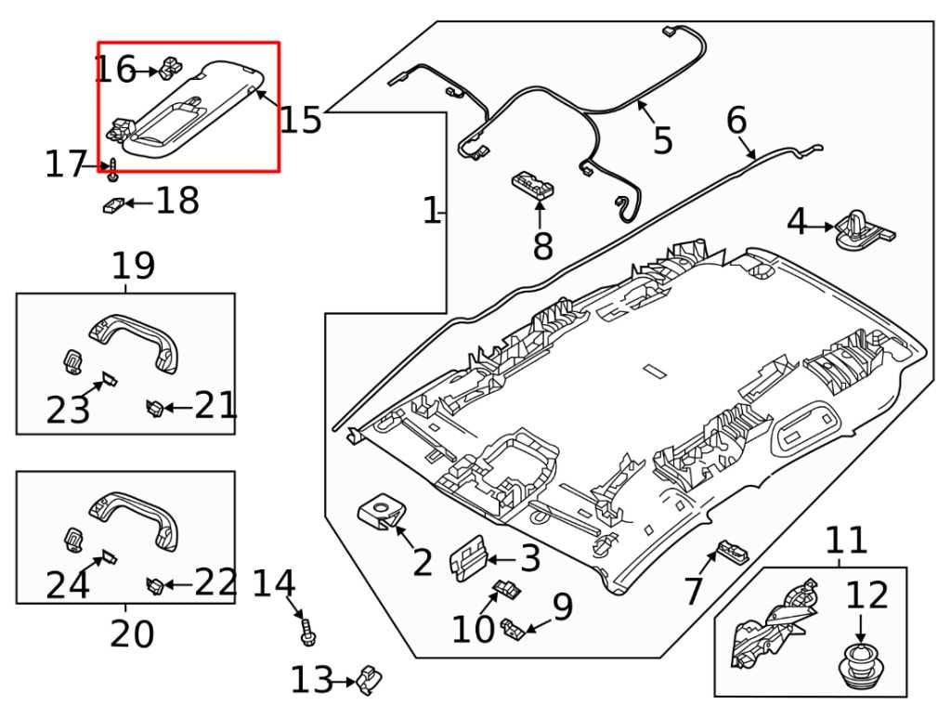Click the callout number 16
pos(115,70)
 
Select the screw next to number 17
pos(113,170)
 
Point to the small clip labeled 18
pos(112,204)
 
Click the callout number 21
pos(215,406)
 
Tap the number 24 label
pos(68,585)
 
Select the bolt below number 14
pos(308,633)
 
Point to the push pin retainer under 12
pos(860,667)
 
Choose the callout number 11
pos(845,540)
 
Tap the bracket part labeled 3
pos(470,560)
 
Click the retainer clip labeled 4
pos(864,229)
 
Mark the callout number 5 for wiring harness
pos(661,140)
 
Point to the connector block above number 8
pos(534,184)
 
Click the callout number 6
pos(736,121)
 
